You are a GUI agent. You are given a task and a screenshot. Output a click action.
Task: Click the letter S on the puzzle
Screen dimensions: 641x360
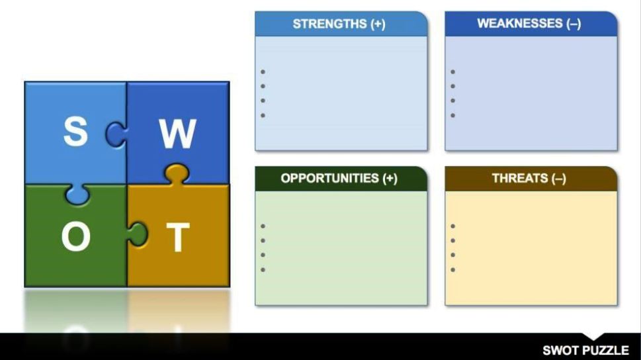pos(75,131)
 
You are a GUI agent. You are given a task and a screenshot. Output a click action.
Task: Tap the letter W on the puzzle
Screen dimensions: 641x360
pos(178,134)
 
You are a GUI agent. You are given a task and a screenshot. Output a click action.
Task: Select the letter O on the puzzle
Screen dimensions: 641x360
pos(76,236)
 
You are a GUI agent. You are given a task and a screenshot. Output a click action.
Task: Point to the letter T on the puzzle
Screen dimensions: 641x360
pos(178,237)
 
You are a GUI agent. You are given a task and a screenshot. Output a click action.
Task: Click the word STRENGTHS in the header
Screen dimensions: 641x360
pos(329,24)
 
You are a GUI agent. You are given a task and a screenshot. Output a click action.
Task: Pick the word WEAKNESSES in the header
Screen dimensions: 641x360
pos(519,23)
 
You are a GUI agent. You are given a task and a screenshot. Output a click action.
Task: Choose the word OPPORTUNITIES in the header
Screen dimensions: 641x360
pos(329,179)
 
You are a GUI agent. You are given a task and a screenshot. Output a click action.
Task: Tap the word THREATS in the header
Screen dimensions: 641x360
pos(519,179)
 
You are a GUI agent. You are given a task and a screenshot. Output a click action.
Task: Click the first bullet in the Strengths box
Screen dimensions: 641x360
pos(263,72)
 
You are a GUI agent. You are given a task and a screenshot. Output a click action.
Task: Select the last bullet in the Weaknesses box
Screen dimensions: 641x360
pos(453,115)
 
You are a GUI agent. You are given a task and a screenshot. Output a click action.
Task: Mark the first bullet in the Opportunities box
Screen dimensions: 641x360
pos(263,226)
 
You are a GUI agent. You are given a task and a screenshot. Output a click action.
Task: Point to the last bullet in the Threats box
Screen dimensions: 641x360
pos(453,270)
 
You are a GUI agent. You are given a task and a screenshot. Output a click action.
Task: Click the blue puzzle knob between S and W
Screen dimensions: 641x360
pos(115,134)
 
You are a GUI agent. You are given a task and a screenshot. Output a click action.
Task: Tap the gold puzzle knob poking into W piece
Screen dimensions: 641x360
pos(177,173)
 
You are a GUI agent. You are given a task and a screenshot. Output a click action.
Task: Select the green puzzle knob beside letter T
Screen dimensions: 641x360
pos(138,234)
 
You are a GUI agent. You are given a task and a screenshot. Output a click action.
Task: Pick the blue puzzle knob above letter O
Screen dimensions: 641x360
pos(77,194)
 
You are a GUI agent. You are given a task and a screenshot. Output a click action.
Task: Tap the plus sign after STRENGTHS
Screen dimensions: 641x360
pos(378,24)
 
